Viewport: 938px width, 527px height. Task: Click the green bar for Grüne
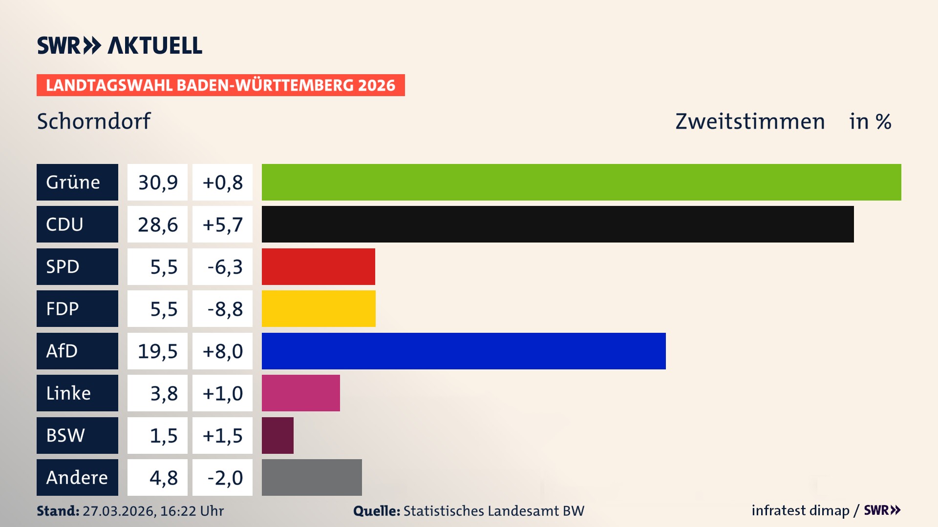(581, 182)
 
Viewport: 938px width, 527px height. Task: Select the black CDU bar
(557, 224)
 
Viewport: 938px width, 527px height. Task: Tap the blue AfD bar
(464, 351)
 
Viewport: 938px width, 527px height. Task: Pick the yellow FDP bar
(319, 308)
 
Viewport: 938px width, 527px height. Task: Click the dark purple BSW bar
(277, 435)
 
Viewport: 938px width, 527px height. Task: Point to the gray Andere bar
(312, 477)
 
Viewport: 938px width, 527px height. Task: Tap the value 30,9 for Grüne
(157, 182)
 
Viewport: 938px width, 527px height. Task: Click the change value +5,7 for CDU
(222, 224)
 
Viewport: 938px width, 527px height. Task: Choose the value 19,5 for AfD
(157, 351)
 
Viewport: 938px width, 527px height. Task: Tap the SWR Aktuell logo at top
(120, 45)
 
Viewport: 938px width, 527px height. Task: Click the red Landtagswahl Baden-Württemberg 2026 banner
(220, 85)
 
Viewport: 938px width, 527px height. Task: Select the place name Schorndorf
(94, 122)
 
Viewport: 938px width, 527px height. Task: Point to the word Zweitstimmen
(750, 122)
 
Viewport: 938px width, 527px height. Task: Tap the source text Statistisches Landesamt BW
(493, 511)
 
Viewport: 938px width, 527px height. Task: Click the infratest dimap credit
(800, 510)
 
